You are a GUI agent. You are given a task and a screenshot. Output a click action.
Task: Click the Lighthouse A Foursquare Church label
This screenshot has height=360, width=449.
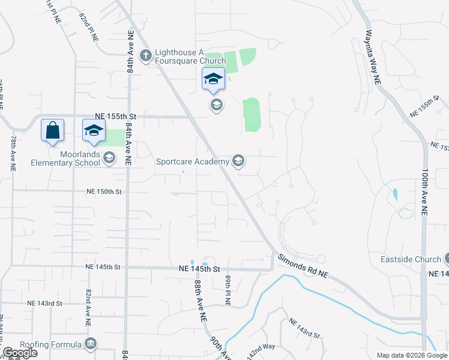tap(190, 56)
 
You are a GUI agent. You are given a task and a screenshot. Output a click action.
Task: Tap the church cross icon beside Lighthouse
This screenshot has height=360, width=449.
tap(145, 56)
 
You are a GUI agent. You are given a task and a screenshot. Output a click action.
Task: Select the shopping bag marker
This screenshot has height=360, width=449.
tap(53, 130)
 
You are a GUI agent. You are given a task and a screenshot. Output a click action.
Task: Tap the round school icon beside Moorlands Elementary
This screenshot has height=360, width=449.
tap(109, 158)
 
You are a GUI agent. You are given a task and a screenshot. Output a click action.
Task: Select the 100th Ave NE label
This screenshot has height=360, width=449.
tap(424, 191)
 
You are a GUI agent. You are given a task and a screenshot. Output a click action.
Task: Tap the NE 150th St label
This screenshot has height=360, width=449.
tap(104, 191)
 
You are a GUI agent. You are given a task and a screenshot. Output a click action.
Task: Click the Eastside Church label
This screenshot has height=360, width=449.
tap(411, 260)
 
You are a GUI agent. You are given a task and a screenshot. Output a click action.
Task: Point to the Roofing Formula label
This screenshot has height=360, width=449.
tap(50, 344)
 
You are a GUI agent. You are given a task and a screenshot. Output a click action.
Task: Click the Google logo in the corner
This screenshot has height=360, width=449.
tap(19, 353)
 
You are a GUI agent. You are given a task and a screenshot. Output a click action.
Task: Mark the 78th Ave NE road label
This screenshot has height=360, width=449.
tap(12, 155)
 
